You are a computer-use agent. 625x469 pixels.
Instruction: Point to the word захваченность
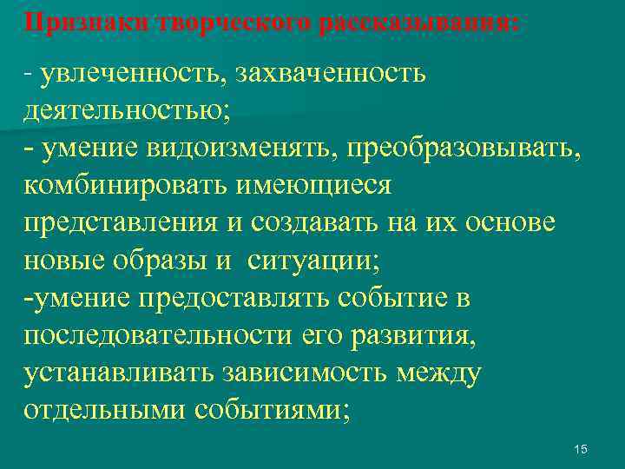[x=329, y=74]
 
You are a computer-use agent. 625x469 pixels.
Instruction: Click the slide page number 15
[x=581, y=449]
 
